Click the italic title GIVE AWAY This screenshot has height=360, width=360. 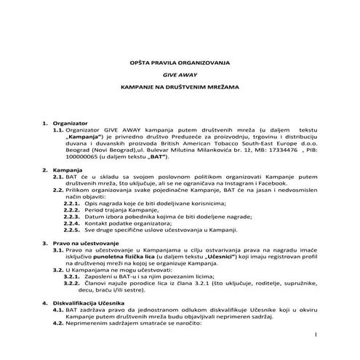pyautogui.click(x=180, y=74)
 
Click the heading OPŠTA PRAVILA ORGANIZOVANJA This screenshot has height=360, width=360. pyautogui.click(x=180, y=63)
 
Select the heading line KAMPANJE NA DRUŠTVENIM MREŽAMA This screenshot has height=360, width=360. pyautogui.click(x=180, y=86)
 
